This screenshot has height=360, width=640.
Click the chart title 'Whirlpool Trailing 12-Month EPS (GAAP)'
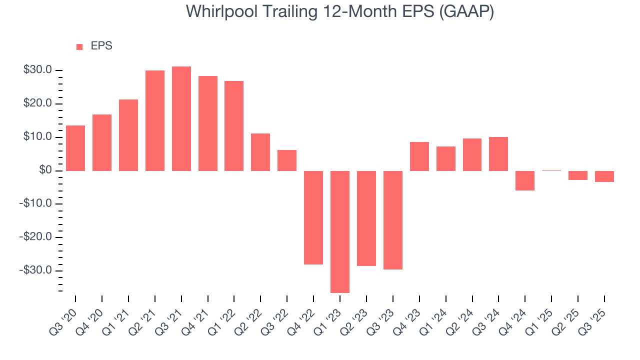pyautogui.click(x=340, y=11)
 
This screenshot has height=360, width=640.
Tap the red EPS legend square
pyautogui.click(x=79, y=47)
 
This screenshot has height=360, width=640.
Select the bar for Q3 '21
pyautogui.click(x=181, y=118)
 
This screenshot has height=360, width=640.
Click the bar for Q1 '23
pyautogui.click(x=340, y=231)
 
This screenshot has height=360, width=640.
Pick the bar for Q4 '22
pyautogui.click(x=313, y=217)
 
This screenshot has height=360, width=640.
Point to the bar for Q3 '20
pyautogui.click(x=75, y=148)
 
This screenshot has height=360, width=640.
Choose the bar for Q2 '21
pyautogui.click(x=155, y=120)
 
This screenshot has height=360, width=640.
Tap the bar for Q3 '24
pyautogui.click(x=498, y=154)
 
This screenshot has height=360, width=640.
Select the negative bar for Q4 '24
pyautogui.click(x=525, y=180)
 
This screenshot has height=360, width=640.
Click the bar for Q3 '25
pyautogui.click(x=604, y=176)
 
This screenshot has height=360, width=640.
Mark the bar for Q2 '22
pyautogui.click(x=260, y=152)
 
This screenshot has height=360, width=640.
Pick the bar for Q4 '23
pyautogui.click(x=419, y=156)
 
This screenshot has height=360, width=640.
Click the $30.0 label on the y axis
pyautogui.click(x=37, y=70)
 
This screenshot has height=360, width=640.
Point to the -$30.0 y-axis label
pyautogui.click(x=36, y=270)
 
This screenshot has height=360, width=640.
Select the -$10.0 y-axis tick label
pyautogui.click(x=36, y=204)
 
